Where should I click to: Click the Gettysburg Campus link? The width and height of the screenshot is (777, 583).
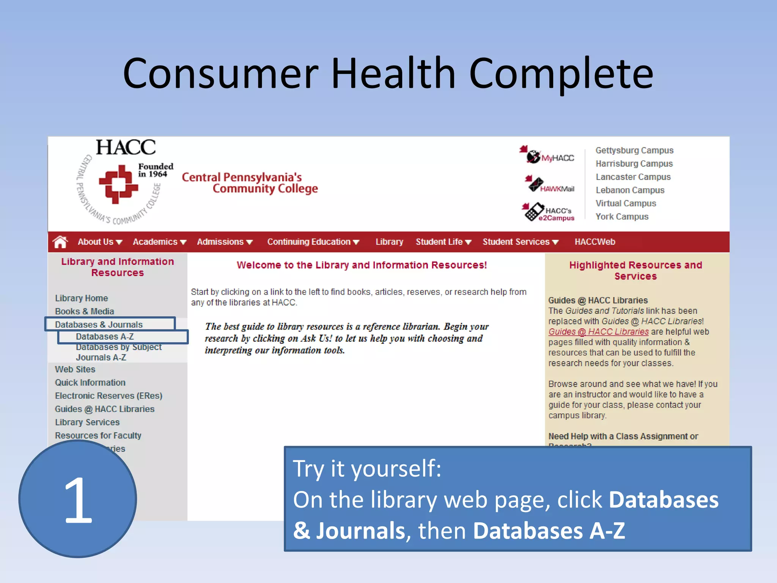[x=634, y=150]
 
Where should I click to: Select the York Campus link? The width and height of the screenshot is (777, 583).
[x=622, y=217]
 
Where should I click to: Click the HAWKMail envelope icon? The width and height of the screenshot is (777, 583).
[x=536, y=184]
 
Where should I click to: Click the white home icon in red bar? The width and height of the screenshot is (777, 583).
[x=60, y=242]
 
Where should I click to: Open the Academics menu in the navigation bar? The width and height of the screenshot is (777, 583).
[x=159, y=242]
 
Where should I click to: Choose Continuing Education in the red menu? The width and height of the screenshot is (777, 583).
[x=313, y=242]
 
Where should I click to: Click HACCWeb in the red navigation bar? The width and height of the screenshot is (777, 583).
[x=595, y=242]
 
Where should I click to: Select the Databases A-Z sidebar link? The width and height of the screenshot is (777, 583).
[x=105, y=337]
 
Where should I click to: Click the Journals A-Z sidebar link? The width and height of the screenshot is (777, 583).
[x=101, y=358]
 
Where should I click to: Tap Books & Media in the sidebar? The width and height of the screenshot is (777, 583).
[x=84, y=311]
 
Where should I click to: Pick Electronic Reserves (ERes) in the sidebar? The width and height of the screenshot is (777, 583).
[x=109, y=396]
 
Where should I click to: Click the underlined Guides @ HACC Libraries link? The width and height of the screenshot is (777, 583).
[x=598, y=332]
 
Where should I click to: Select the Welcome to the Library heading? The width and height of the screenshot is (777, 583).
[x=362, y=265]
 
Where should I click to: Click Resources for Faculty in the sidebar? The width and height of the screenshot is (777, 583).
[x=98, y=436]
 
